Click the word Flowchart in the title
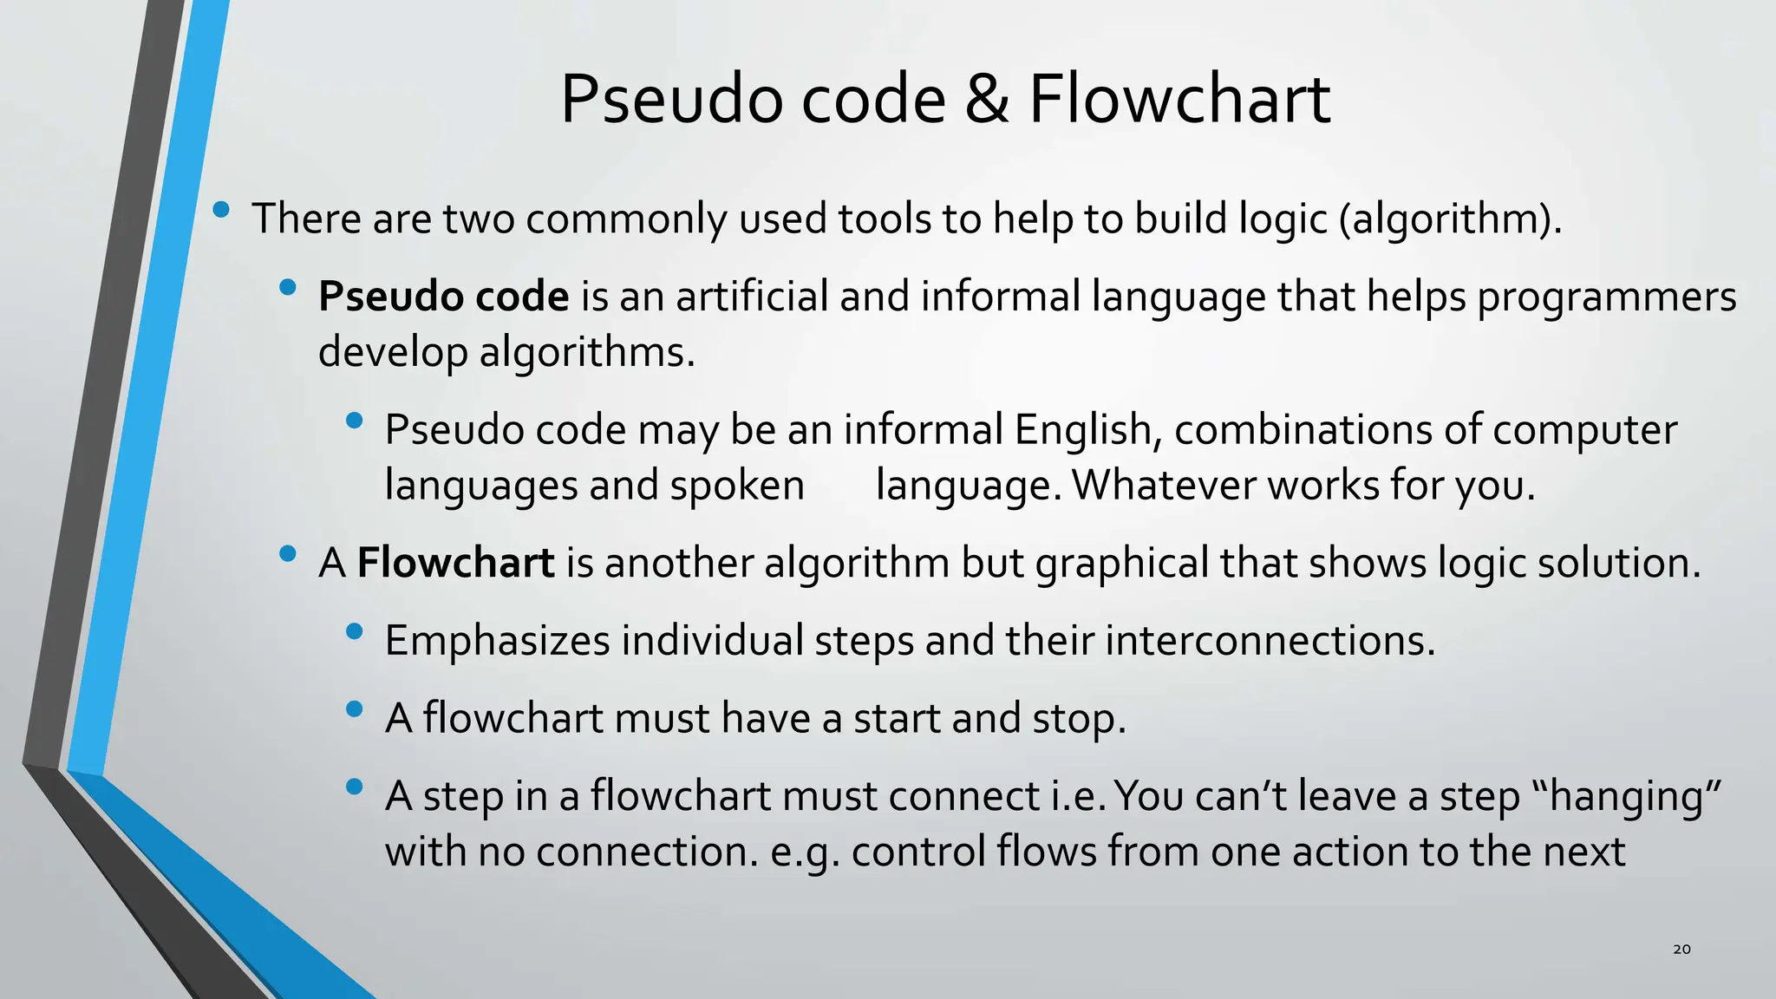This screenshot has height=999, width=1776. tap(1179, 100)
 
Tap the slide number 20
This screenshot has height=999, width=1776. tap(1681, 949)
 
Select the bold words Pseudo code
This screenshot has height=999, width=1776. tap(443, 297)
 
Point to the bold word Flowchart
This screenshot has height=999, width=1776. tap(455, 563)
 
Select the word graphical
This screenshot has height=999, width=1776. tap(1122, 564)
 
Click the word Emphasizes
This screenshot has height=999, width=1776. tap(497, 642)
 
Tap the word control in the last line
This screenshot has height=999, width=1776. tap(917, 852)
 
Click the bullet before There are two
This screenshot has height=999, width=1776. tap(221, 209)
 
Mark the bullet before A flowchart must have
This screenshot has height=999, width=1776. tap(354, 709)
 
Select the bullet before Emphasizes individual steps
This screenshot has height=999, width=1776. tap(354, 632)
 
